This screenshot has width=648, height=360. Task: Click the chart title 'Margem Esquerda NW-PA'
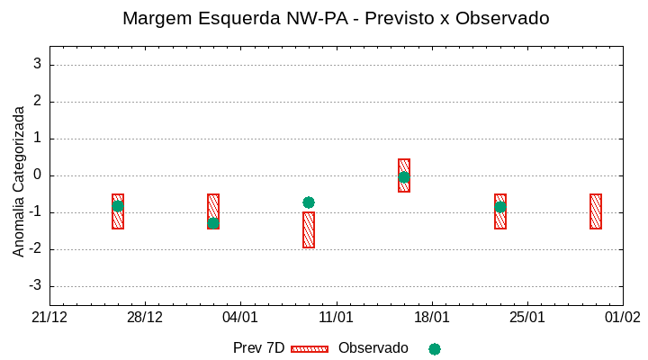pyautogui.click(x=336, y=18)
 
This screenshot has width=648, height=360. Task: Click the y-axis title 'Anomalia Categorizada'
pyautogui.click(x=19, y=181)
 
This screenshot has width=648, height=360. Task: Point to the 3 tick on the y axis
pyautogui.click(x=37, y=65)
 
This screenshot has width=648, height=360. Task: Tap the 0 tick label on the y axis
pyautogui.click(x=37, y=175)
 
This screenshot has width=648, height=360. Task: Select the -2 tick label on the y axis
pyautogui.click(x=34, y=249)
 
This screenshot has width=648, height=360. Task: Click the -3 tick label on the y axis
pyautogui.click(x=34, y=286)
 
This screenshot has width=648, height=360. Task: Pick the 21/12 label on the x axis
pyautogui.click(x=49, y=318)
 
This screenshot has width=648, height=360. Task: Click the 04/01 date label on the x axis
pyautogui.click(x=240, y=318)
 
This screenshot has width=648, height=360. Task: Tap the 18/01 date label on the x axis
pyautogui.click(x=431, y=318)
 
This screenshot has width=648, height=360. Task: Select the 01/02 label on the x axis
pyautogui.click(x=622, y=318)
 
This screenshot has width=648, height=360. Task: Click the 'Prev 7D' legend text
pyautogui.click(x=258, y=348)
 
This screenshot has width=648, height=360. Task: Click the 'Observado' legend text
pyautogui.click(x=373, y=348)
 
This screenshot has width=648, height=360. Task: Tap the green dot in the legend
pyautogui.click(x=435, y=348)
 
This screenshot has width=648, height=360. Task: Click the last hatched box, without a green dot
pyautogui.click(x=596, y=211)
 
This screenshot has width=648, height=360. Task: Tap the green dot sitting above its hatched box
pyautogui.click(x=309, y=202)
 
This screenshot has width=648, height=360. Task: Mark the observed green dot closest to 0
pyautogui.click(x=404, y=177)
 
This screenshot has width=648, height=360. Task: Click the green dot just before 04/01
pyautogui.click(x=213, y=223)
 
